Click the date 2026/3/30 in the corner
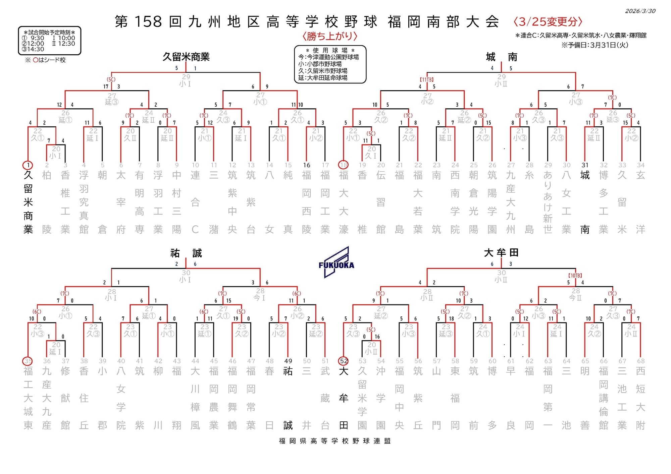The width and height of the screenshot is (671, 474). pos(640,11)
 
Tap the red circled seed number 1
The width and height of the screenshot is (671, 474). pos(28,165)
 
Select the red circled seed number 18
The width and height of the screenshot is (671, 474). pos(344,165)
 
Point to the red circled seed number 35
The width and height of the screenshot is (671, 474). pos(28,361)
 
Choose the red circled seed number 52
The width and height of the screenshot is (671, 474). pos(344,361)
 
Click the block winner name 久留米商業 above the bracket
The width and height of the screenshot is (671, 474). pos(186,57)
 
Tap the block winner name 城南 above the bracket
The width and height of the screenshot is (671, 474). pos(501,57)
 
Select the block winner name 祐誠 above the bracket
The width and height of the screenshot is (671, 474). pos(186,253)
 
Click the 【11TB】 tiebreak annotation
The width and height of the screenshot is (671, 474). pos(427,80)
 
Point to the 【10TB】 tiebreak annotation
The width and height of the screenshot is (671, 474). pos(575,276)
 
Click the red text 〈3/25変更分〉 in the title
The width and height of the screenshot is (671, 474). pos(548,22)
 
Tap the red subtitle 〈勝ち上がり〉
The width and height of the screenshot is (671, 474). pos(329,36)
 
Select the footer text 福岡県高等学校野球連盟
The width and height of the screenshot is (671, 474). pos(335,441)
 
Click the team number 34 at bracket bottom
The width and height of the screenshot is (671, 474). pos(640,165)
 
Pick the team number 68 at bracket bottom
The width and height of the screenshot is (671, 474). pos(640,361)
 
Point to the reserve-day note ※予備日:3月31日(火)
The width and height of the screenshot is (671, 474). pos(595,45)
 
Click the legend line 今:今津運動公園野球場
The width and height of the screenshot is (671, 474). pos(328,57)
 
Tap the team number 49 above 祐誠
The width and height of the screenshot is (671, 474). pos(288,361)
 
